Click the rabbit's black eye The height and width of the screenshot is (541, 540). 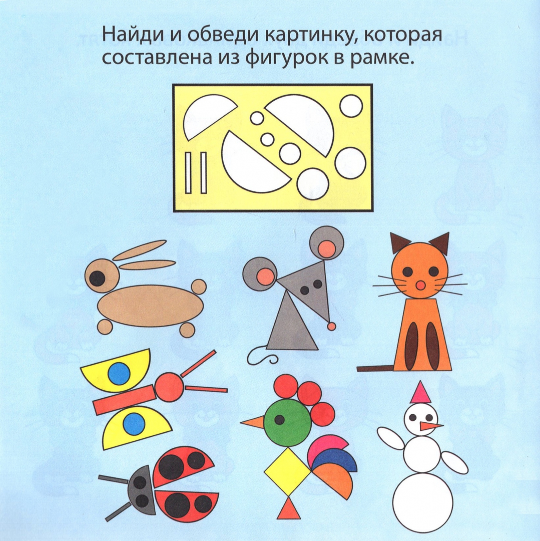pos(97,278)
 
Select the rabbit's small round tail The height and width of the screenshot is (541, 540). pos(199,287)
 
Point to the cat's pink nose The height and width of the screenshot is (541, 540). pos(420,286)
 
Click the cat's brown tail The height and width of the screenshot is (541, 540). pos(375,369)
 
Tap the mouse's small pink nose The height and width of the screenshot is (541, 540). pos(331,327)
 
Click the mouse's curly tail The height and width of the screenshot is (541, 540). pos(262,355)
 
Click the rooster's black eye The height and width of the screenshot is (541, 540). pos(279,420)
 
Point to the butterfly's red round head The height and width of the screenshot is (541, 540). pos(169,387)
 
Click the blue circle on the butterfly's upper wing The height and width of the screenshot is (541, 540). pos(119,373)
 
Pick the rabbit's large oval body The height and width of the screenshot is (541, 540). pos(151,306)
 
